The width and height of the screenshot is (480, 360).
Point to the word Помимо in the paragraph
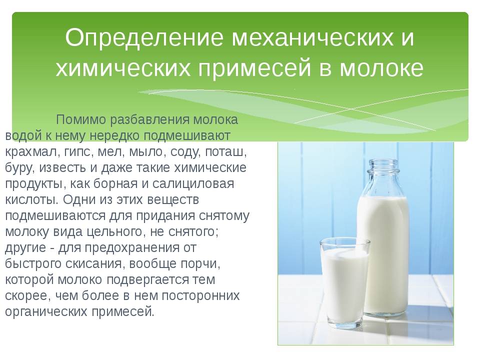[80, 119]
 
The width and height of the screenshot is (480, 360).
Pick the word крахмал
[30, 152]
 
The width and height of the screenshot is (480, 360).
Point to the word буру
[19, 168]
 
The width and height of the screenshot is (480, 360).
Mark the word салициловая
[193, 184]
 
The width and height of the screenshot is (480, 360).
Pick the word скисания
[94, 263]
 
